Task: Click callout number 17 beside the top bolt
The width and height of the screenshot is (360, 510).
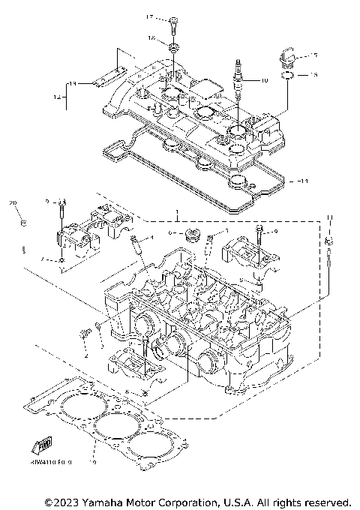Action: click(x=150, y=17)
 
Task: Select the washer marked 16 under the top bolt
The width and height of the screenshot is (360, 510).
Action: click(x=173, y=49)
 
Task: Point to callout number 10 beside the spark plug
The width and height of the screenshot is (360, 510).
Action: click(x=263, y=79)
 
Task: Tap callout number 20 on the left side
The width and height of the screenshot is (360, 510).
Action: click(x=13, y=203)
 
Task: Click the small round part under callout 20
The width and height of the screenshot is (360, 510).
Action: click(x=24, y=223)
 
